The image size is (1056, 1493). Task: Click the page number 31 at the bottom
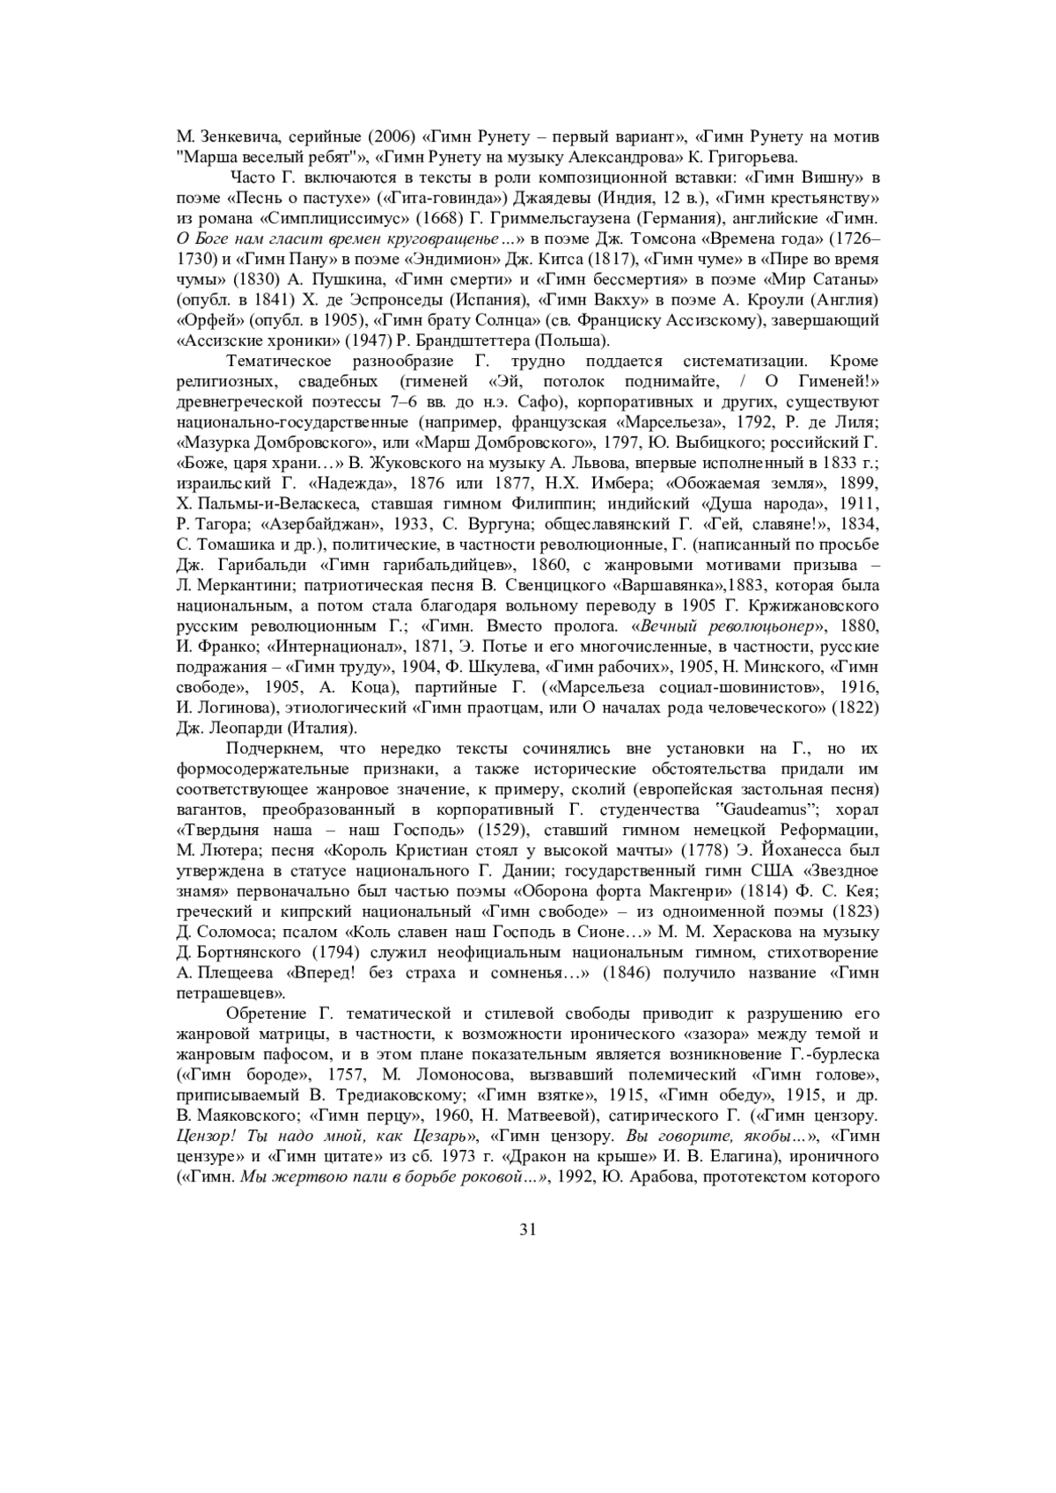point(528,1229)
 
